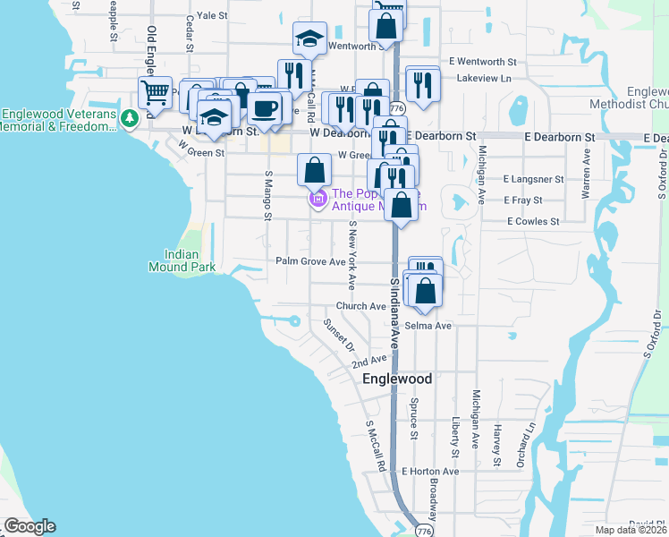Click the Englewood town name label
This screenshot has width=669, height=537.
pos(397,379)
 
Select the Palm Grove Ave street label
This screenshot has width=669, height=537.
pos(310,262)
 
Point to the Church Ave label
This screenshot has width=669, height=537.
pos(360,306)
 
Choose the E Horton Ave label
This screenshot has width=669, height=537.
pos(429,471)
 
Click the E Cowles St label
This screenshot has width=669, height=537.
pos(533,221)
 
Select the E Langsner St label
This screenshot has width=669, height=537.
pos(533,179)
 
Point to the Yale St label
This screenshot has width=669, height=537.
pos(212,15)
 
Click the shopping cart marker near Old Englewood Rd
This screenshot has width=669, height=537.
pos(156,91)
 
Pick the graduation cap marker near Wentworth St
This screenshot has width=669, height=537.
pos(309,40)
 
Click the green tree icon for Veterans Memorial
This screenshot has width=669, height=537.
pos(130,116)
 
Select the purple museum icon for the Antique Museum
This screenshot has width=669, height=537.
pos(316,198)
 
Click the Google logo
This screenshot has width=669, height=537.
pos(30,526)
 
